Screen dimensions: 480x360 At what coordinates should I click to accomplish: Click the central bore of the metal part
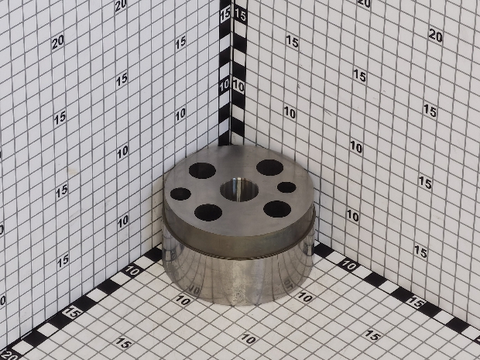[239, 190]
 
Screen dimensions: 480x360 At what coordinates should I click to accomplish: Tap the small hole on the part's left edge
[180, 194]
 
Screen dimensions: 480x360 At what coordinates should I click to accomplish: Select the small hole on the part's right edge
[286, 187]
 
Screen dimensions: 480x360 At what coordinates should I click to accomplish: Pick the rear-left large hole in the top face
[202, 170]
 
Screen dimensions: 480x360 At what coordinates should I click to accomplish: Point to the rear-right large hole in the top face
[269, 167]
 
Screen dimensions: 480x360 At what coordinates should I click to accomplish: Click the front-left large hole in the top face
[208, 212]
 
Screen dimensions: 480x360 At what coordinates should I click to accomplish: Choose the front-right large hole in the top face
[277, 209]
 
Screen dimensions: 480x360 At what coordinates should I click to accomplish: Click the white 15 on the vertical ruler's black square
[225, 15]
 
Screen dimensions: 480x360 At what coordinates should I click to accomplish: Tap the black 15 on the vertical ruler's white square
[240, 15]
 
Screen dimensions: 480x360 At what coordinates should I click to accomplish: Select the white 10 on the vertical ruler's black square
[225, 86]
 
